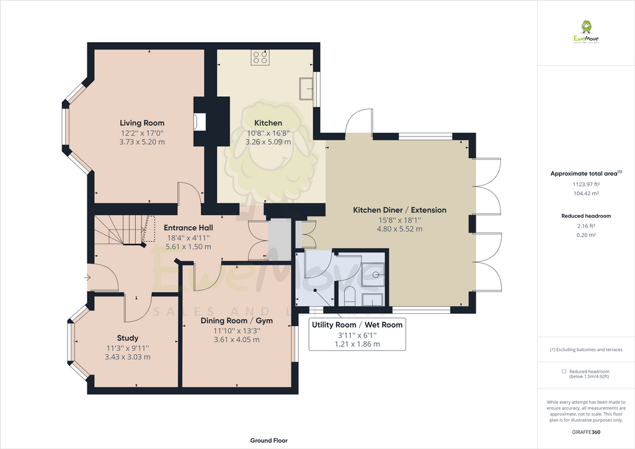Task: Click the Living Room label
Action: [x=142, y=123]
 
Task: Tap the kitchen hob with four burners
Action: [x=260, y=58]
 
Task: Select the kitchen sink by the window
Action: [x=306, y=89]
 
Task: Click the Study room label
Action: [x=127, y=338]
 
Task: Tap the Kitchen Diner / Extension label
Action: [x=399, y=210]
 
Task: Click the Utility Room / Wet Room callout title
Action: [x=357, y=324]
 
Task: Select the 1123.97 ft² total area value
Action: [x=585, y=184]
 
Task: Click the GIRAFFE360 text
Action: [x=585, y=432]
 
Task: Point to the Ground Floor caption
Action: [x=269, y=440]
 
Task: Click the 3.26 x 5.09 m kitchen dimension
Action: [x=267, y=141]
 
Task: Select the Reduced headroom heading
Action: [x=585, y=216]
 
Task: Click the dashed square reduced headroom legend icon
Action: [x=564, y=371]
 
